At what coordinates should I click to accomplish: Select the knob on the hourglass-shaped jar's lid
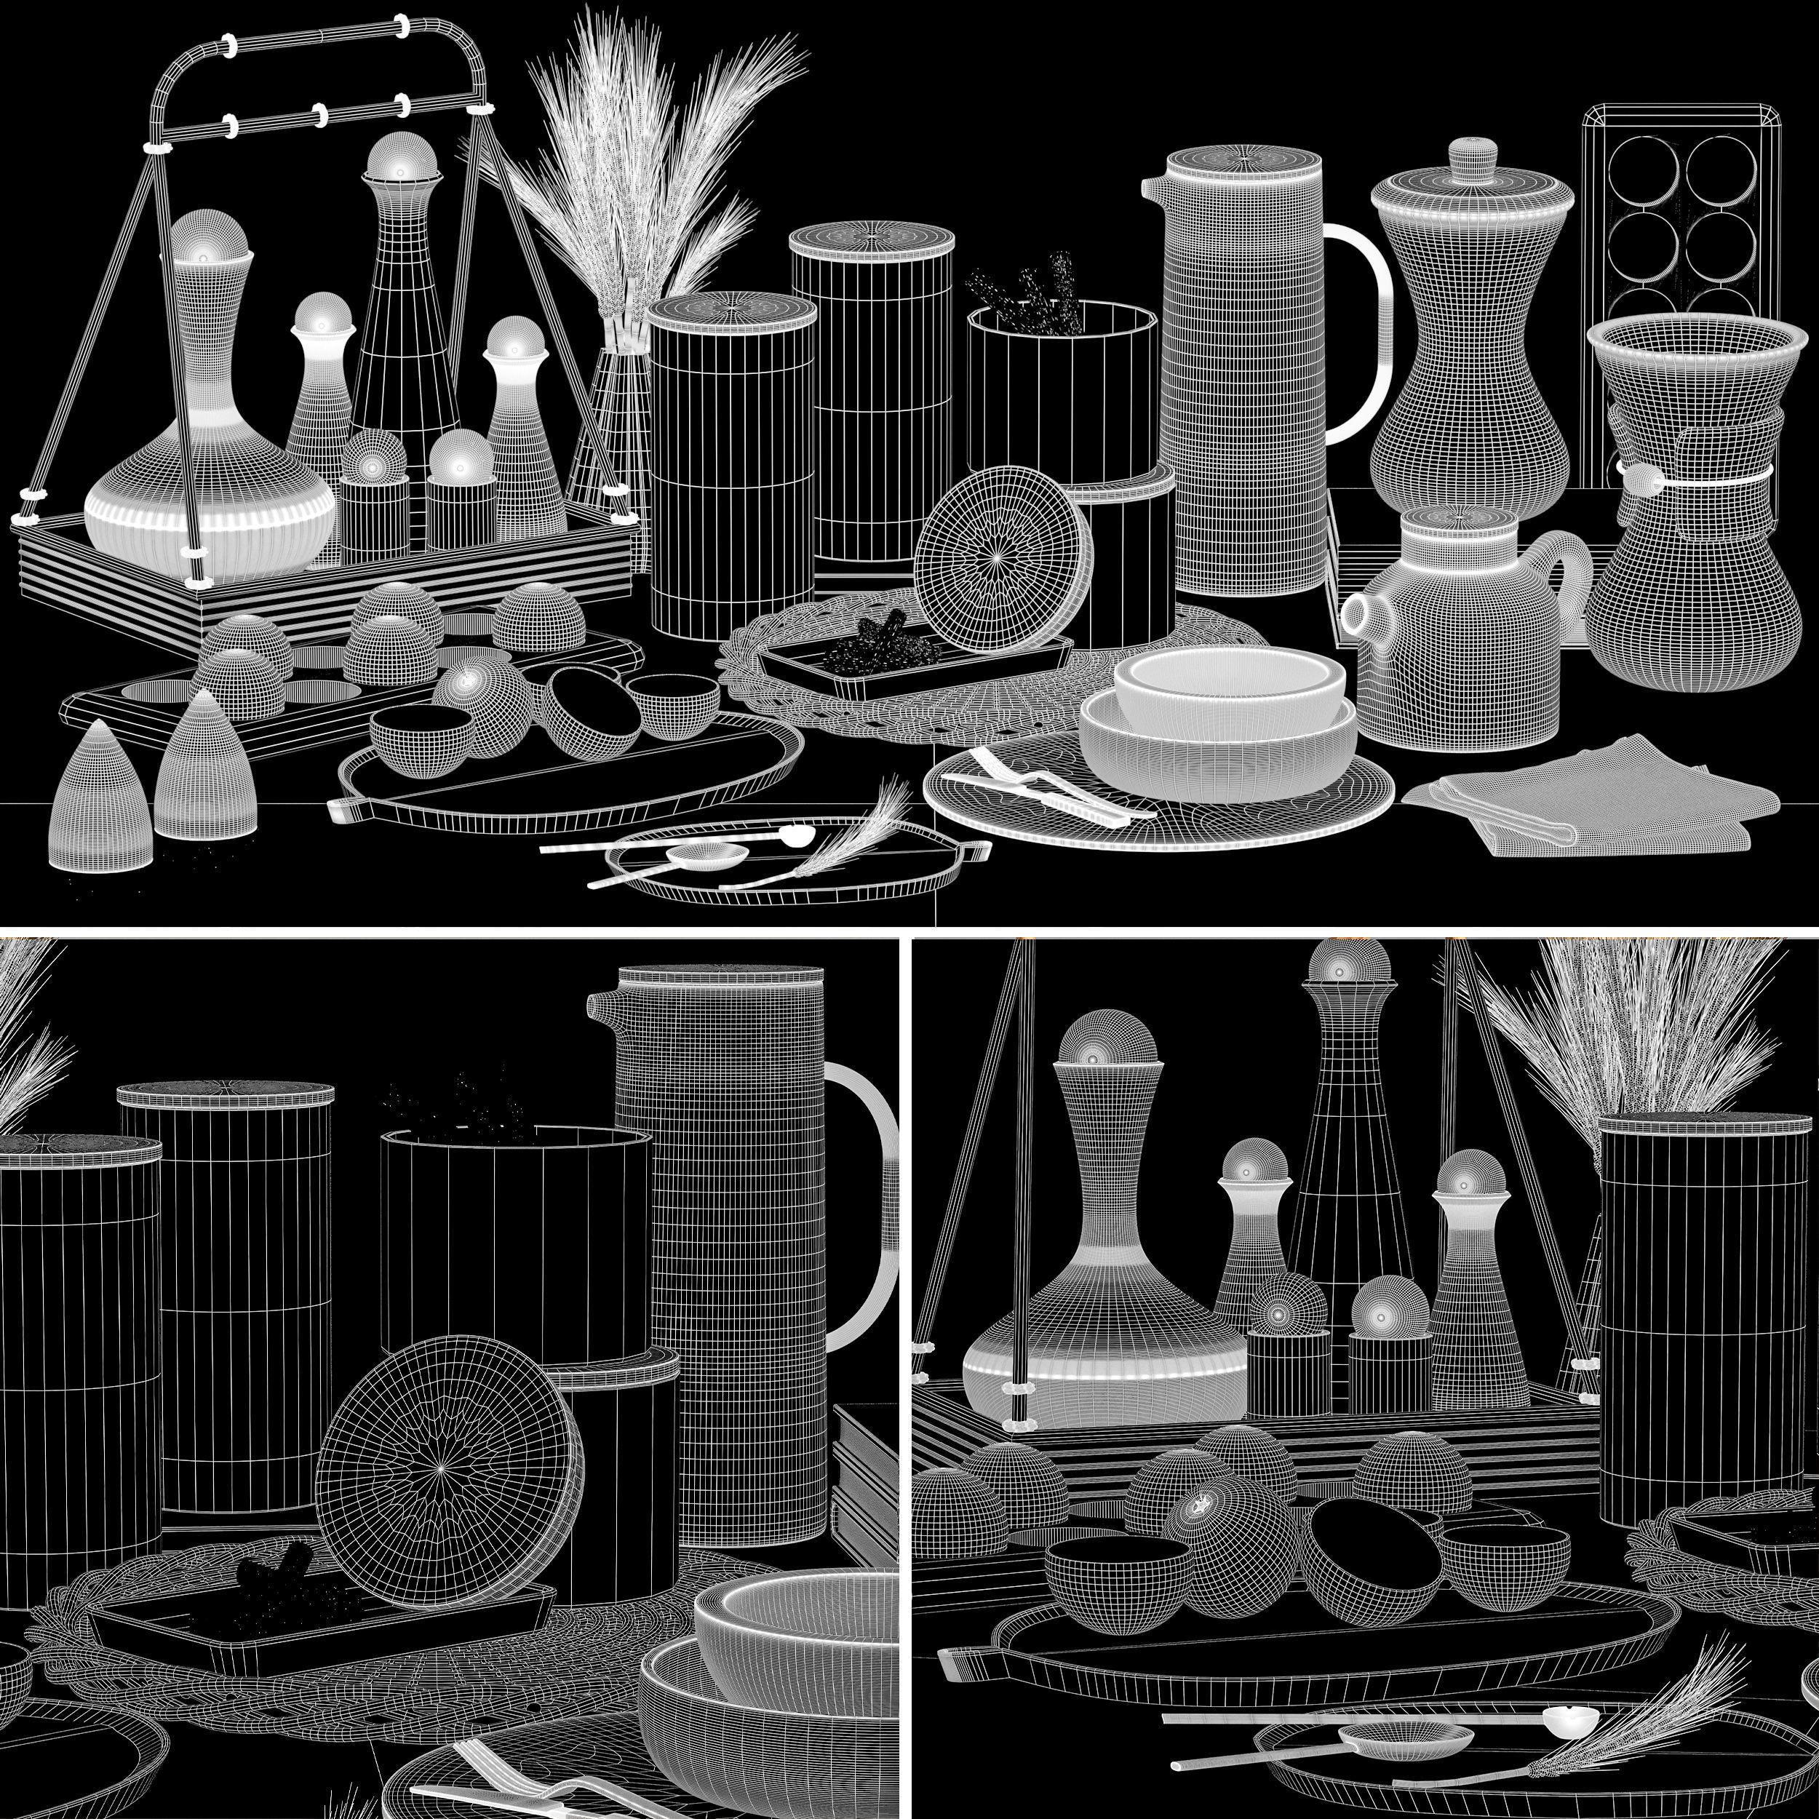tap(1473, 153)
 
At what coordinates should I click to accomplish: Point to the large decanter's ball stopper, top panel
tap(209, 235)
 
